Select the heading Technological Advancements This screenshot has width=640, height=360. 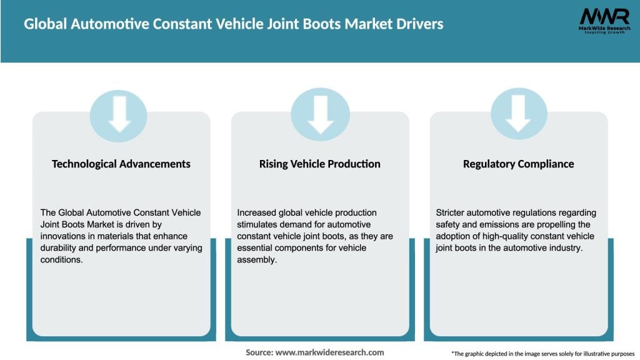[x=121, y=164]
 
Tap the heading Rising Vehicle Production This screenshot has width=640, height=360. [x=319, y=164]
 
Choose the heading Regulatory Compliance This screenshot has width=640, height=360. [x=518, y=164]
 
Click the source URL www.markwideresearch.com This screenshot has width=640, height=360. [x=329, y=352]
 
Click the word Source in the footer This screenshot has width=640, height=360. [x=259, y=352]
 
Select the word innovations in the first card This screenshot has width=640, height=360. [x=62, y=236]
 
